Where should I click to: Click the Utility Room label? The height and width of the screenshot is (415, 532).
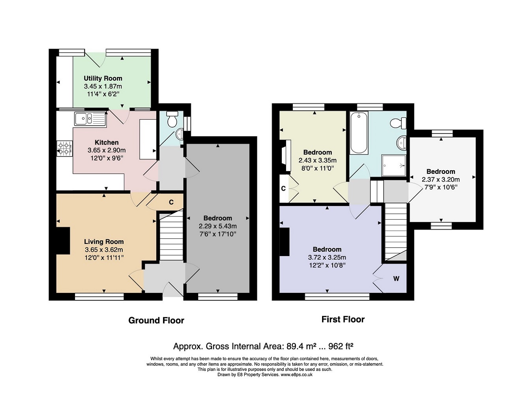[x=103, y=78]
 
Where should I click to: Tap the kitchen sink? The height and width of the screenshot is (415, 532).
[x=90, y=119]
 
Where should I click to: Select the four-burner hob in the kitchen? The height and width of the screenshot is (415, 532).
[x=65, y=149]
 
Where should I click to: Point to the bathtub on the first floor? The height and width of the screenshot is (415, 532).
[x=359, y=133]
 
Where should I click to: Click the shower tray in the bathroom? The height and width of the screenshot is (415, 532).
[x=394, y=166]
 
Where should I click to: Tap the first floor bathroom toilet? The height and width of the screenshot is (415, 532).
[x=399, y=123]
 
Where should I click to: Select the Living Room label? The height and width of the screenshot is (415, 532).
[x=104, y=242]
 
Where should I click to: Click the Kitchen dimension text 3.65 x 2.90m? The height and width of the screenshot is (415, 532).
[x=107, y=150]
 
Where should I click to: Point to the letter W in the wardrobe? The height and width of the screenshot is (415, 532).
[x=396, y=279]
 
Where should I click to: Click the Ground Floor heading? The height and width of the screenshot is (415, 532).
[x=156, y=321]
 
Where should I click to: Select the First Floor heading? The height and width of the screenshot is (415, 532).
[x=343, y=319]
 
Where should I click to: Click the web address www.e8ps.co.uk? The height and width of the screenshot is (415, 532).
[x=296, y=375]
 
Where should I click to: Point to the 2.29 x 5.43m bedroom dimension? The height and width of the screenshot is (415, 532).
[x=217, y=226]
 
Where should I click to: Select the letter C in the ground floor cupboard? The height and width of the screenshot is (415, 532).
[x=171, y=202]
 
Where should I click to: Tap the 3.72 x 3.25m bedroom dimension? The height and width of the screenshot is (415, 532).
[x=327, y=257]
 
